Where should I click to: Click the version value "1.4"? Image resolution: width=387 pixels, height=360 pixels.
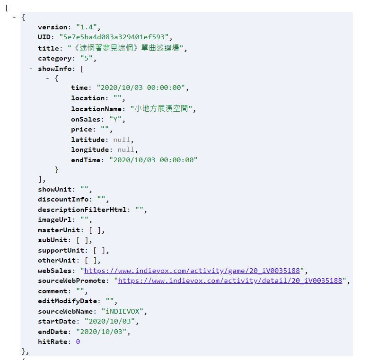point(88,27)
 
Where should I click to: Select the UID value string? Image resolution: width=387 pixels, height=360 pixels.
point(115,37)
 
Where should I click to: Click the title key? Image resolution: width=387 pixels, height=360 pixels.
point(49,48)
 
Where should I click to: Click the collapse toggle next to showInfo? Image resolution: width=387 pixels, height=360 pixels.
point(31,69)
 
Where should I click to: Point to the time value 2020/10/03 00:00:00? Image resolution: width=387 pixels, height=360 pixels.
point(142,88)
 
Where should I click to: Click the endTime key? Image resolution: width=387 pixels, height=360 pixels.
point(86,160)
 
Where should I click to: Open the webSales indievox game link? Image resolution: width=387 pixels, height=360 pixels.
point(194,271)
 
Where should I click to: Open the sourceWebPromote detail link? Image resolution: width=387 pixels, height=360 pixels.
point(230,281)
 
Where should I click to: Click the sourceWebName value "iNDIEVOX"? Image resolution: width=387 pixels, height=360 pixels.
point(124,311)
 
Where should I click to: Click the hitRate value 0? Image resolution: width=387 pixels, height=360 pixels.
point(78,341)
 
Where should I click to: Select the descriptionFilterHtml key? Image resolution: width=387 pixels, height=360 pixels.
point(82,210)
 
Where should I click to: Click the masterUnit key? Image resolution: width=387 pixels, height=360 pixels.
point(59,230)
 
